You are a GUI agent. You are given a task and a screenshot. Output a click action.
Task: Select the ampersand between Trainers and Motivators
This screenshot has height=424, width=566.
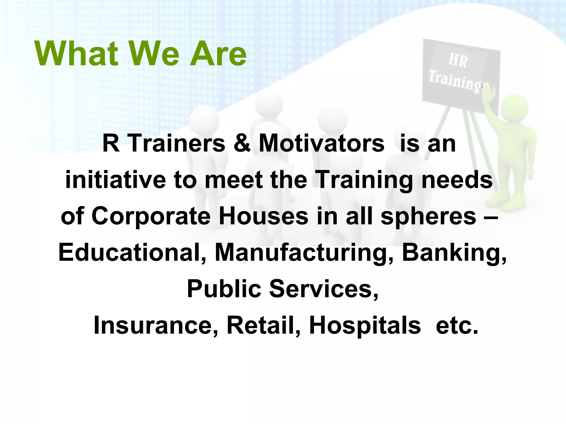(x=242, y=144)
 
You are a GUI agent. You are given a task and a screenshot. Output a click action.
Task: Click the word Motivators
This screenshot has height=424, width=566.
(x=321, y=144)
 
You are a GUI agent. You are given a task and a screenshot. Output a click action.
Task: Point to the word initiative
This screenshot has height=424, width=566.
(x=115, y=180)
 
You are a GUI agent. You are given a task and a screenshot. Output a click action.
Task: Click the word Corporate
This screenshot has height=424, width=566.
(x=151, y=216)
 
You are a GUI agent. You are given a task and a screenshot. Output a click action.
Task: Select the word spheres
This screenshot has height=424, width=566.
(x=428, y=216)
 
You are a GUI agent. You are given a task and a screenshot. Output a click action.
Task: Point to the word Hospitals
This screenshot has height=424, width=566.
(x=365, y=325)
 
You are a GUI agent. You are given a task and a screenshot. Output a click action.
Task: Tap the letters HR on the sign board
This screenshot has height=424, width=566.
(x=458, y=60)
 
